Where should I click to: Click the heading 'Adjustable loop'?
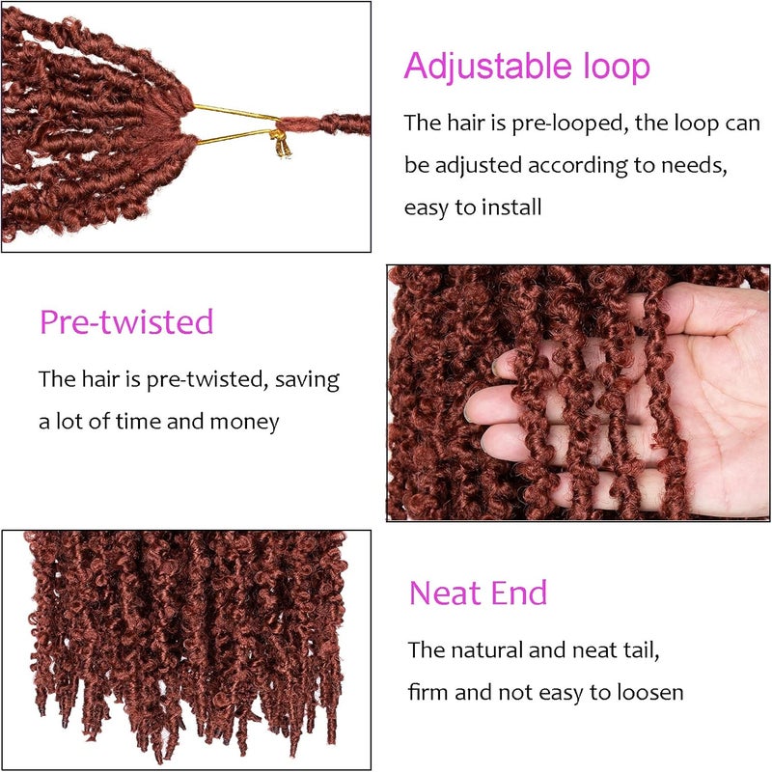tap(527, 67)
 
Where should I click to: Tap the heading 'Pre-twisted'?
tap(126, 322)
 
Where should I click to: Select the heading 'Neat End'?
tap(478, 593)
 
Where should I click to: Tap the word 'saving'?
tap(307, 380)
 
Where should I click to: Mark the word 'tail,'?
tap(642, 649)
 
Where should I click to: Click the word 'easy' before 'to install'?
tap(427, 207)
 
